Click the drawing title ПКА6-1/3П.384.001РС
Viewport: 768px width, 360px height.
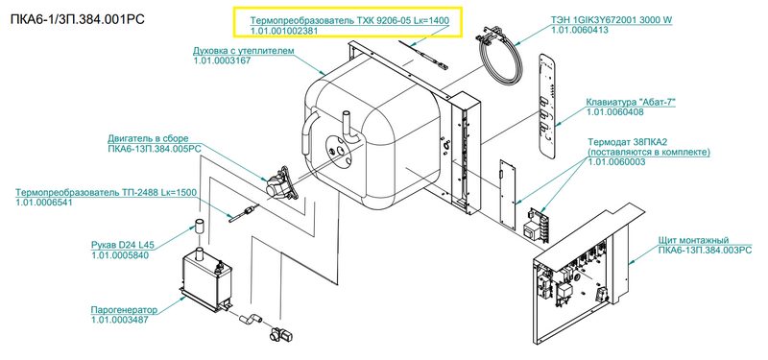pos(77,20)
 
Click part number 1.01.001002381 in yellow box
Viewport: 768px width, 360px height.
pos(284,31)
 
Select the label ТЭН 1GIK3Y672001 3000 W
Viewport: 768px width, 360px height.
pos(612,20)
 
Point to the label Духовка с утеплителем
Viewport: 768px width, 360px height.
pos(243,51)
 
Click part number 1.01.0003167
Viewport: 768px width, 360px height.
pos(222,60)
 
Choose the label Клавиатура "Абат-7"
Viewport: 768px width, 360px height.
pos(631,103)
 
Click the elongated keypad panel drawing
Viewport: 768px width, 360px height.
pos(547,106)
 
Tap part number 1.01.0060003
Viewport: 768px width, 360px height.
pos(616,162)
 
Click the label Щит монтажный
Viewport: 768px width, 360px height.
pos(693,240)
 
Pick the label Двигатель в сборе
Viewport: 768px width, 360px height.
pos(148,139)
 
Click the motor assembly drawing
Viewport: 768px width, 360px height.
pos(281,183)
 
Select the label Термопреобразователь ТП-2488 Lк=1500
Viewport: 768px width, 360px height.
pos(106,193)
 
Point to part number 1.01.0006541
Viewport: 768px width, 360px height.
pos(44,203)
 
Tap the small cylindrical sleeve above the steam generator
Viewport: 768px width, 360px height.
pos(200,228)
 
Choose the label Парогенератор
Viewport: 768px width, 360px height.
pos(125,310)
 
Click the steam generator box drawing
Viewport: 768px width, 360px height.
pos(205,281)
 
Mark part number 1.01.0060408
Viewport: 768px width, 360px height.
pos(614,112)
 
